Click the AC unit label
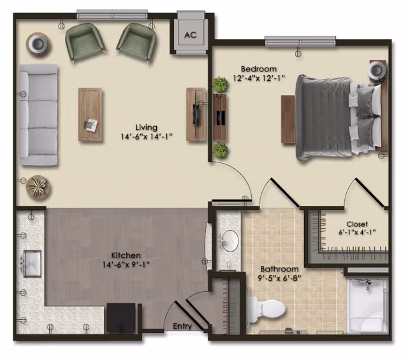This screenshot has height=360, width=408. point(190,36)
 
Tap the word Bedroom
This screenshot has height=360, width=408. point(258,69)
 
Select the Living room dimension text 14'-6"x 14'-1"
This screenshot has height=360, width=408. point(146,136)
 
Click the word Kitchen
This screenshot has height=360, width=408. point(126,256)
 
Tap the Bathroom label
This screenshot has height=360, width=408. point(279,270)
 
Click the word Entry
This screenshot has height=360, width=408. point(182,326)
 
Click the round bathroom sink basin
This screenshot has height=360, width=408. point(229,241)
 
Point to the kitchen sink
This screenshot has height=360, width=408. point(31,261)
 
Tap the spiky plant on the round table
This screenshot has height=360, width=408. point(38,187)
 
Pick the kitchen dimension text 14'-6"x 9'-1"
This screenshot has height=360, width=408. point(126,264)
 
